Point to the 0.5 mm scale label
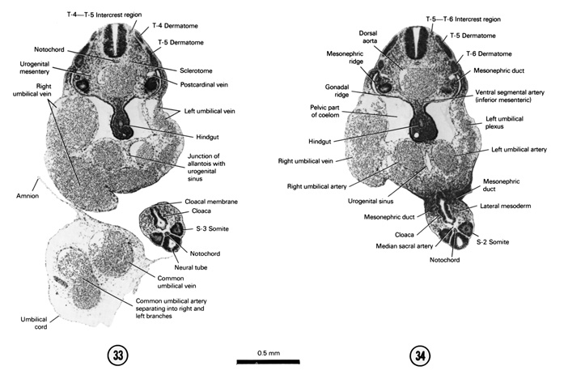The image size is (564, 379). click(268, 353)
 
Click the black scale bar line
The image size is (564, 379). click(269, 361)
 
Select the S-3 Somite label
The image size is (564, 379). click(204, 229)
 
